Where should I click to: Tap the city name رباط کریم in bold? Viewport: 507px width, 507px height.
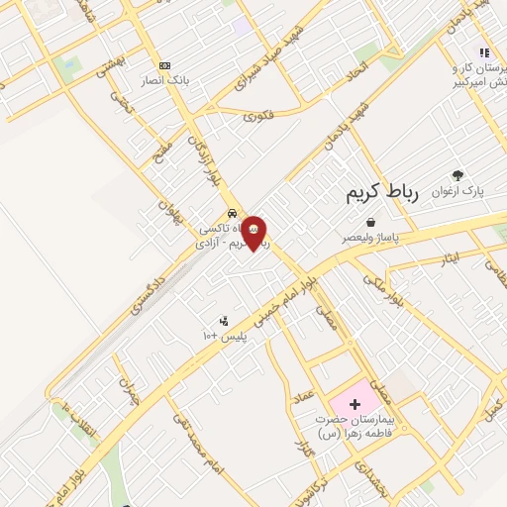(x=382, y=194)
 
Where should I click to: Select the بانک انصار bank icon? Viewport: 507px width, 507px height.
(x=164, y=64)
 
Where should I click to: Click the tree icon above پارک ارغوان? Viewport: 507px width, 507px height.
(x=456, y=175)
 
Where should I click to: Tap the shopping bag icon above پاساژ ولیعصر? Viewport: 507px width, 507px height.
(x=369, y=223)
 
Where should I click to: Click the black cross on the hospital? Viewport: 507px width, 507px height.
(x=355, y=404)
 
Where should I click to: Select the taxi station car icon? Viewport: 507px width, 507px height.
(x=232, y=213)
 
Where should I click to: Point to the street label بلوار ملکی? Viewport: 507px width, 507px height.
(x=382, y=288)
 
